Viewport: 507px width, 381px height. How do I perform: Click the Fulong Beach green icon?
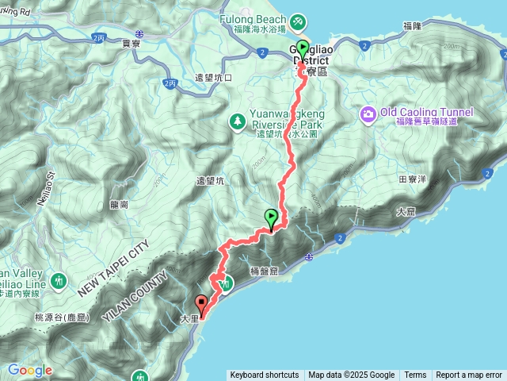(x=297, y=20)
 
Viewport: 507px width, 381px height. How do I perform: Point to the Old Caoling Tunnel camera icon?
(x=368, y=114)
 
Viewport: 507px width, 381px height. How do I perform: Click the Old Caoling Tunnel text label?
(x=426, y=112)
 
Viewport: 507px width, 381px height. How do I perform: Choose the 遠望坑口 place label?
(x=213, y=78)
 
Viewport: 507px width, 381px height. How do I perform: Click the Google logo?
(x=30, y=370)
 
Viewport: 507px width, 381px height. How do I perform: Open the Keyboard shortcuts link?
(x=264, y=375)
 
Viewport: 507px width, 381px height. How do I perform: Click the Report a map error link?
(x=469, y=375)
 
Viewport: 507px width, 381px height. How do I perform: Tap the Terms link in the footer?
(x=415, y=375)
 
